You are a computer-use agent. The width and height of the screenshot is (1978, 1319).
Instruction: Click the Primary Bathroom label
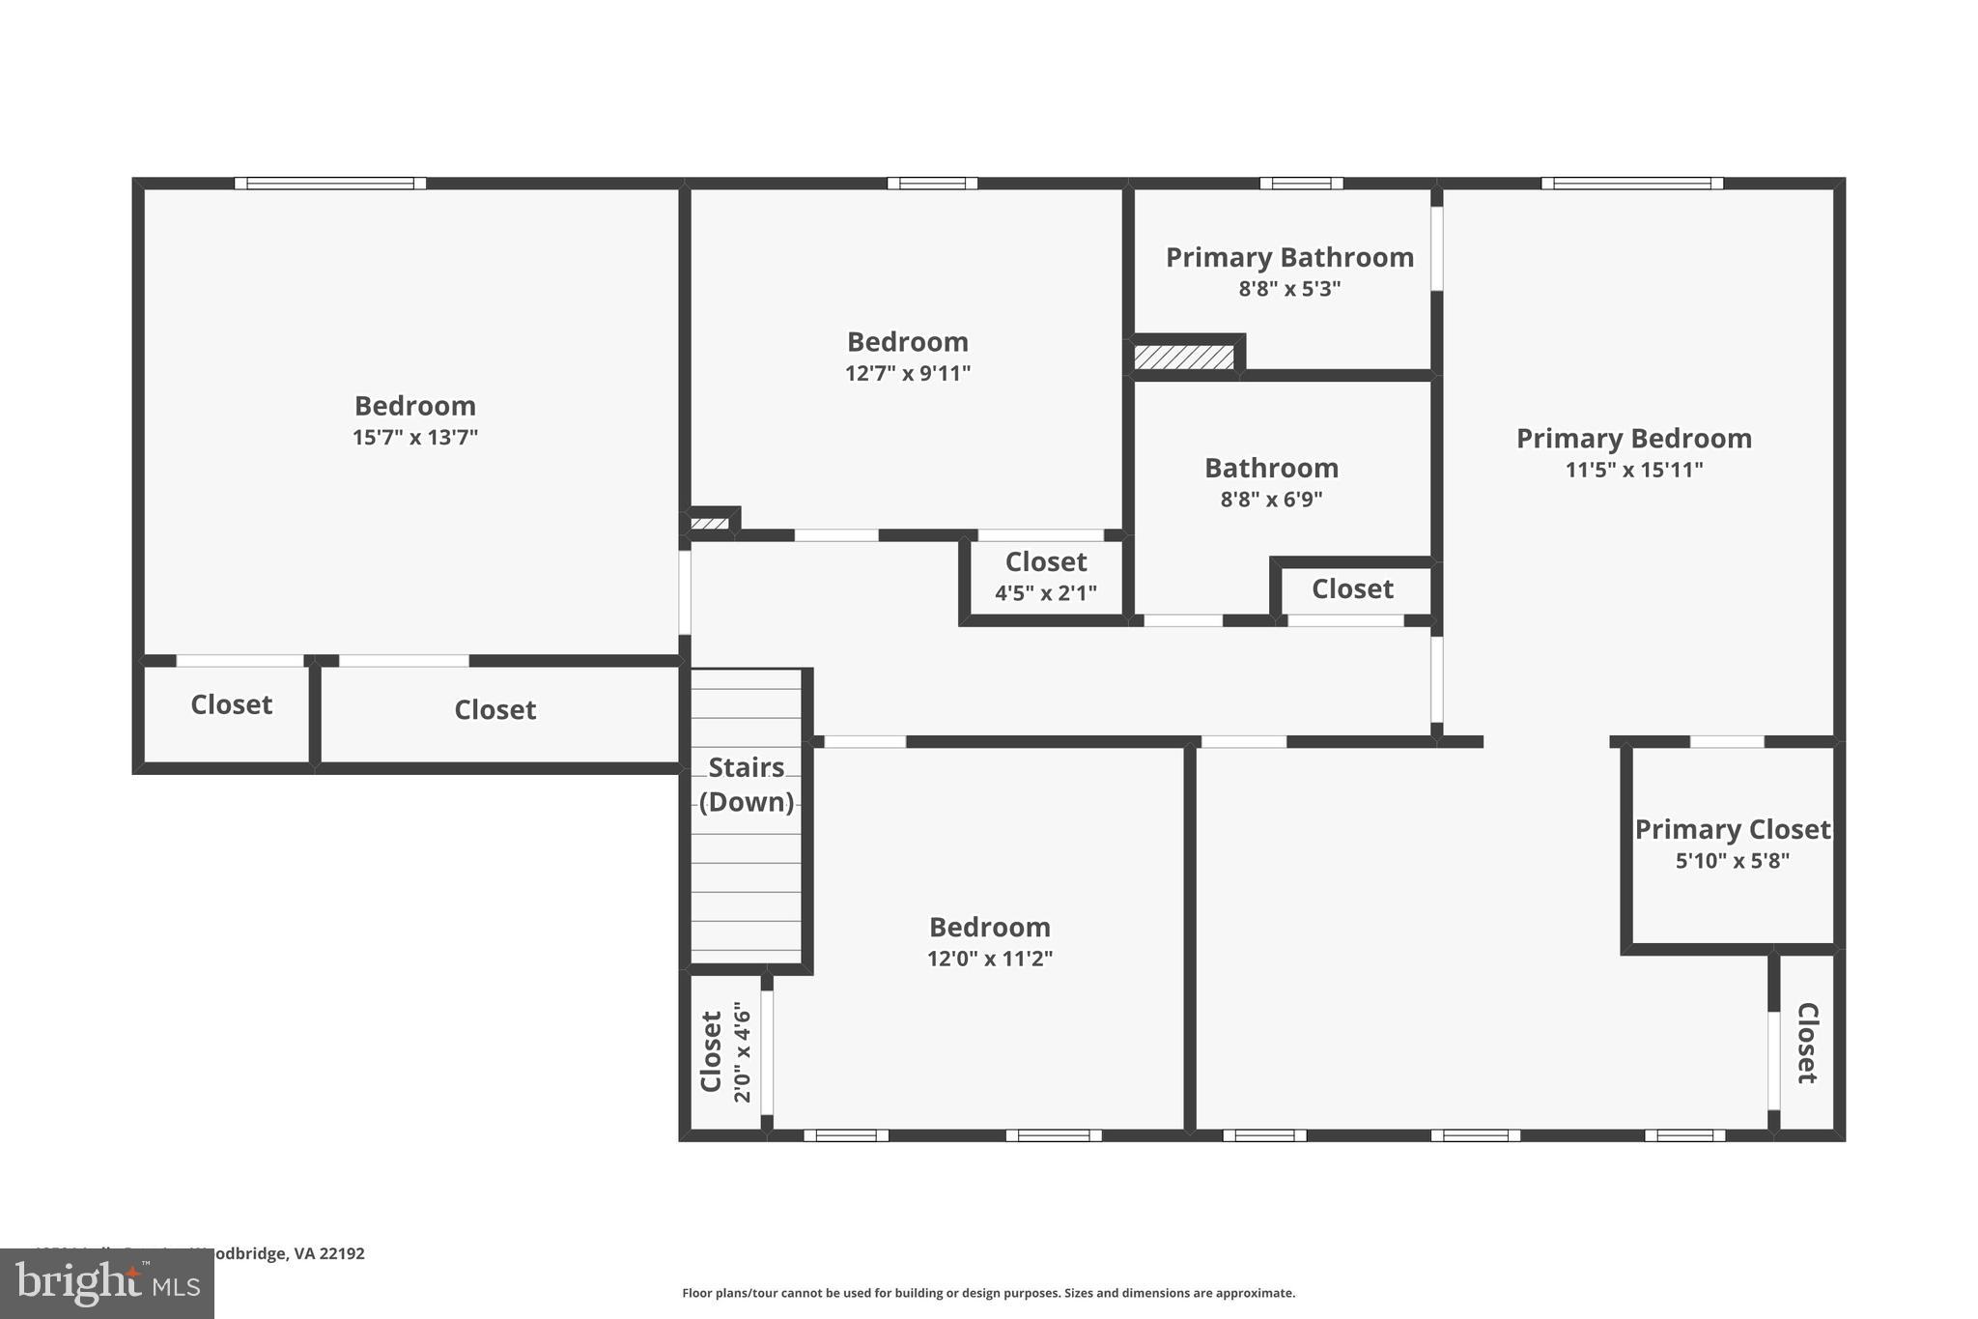(x=1289, y=258)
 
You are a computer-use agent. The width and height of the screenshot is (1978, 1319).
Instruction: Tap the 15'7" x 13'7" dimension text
(x=415, y=438)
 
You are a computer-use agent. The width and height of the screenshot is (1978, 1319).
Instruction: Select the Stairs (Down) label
(x=747, y=785)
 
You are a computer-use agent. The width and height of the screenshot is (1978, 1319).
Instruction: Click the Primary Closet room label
(x=1732, y=830)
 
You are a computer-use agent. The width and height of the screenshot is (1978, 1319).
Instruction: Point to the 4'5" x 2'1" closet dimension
(x=1046, y=593)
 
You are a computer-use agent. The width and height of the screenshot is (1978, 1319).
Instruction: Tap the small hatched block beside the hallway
(x=710, y=524)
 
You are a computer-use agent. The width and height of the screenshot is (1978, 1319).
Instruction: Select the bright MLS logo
(x=106, y=1283)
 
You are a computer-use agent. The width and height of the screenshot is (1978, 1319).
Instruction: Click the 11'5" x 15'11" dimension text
(x=1633, y=471)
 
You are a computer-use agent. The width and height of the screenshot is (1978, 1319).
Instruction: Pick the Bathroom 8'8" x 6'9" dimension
(x=1271, y=500)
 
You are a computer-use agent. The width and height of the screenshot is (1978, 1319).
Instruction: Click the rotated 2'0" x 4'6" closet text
(x=742, y=1051)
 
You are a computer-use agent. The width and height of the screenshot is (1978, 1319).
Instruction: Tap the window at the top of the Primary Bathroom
(x=1301, y=184)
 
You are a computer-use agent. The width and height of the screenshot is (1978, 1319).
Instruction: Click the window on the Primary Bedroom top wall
(x=1631, y=184)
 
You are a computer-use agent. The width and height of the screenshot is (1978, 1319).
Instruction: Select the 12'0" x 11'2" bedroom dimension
(x=989, y=959)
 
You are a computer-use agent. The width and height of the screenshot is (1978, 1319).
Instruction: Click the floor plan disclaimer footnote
(x=988, y=1293)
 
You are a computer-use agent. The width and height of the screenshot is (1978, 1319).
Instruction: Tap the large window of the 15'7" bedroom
(x=329, y=184)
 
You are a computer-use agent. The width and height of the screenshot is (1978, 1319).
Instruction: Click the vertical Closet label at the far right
(x=1807, y=1043)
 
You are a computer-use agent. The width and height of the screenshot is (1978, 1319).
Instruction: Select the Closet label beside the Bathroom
(x=1352, y=589)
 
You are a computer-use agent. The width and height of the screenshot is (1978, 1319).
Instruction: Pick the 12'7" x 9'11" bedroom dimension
(x=907, y=374)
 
